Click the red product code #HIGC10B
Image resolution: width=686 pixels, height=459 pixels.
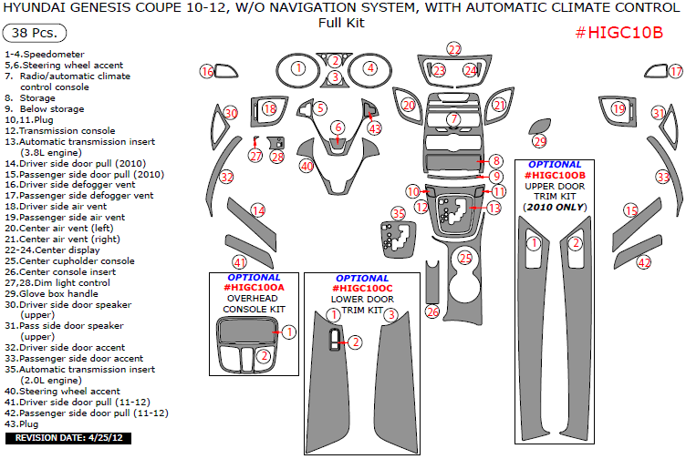pos(619,33)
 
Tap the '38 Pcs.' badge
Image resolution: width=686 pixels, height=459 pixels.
pos(36,34)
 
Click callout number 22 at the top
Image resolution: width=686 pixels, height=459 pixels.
pos(454,49)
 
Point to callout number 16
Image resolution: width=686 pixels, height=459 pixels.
pos(207,72)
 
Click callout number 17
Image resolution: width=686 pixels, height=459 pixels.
pos(675,71)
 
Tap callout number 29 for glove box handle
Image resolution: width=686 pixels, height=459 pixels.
pos(540,141)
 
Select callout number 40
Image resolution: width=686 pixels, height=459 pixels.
pos(307,166)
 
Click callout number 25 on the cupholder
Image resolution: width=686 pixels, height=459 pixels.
pos(465,259)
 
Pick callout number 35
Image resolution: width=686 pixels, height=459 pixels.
pos(398,213)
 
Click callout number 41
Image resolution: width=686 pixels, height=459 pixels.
pos(239,261)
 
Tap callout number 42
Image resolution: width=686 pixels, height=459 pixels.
pos(644,262)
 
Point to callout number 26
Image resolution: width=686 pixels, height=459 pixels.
pos(432,312)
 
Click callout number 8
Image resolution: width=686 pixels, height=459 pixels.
pos(495,161)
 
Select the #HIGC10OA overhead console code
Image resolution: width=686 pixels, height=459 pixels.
pos(255,288)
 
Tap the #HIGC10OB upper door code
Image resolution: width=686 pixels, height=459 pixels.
pos(555,175)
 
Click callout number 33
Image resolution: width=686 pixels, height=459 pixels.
pos(663,177)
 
